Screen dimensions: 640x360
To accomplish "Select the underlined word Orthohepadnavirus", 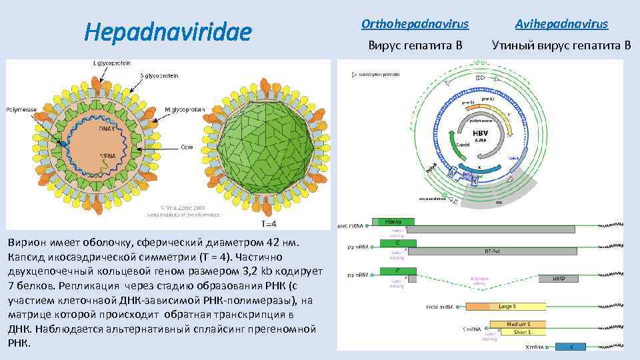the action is [415, 25].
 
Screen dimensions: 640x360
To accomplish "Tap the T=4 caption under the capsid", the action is [270, 224].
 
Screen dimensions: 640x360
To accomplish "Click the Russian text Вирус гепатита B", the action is [415, 46].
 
